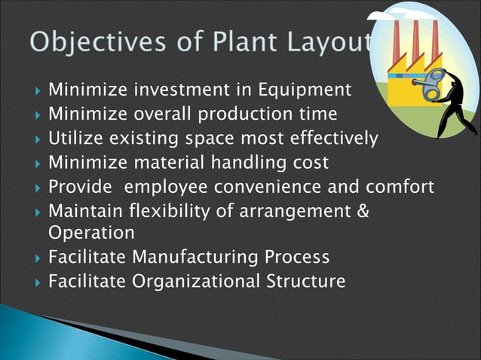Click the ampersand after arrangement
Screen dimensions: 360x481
[363, 210]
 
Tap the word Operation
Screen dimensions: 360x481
[91, 233]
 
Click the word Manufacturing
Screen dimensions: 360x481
[195, 258]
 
